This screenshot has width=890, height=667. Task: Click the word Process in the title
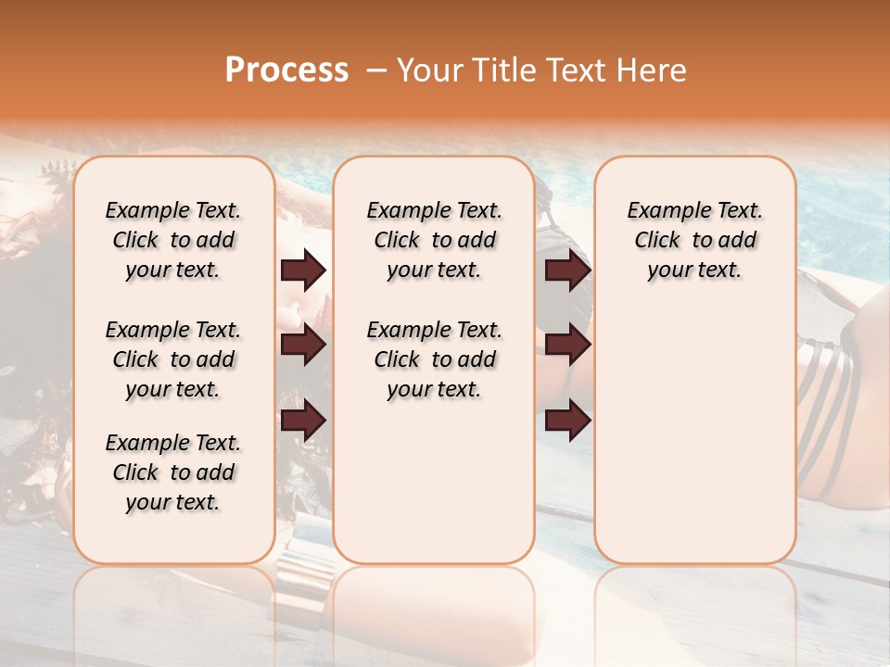click(286, 70)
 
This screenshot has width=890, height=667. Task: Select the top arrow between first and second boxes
click(304, 271)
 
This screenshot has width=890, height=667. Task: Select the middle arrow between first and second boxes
click(304, 346)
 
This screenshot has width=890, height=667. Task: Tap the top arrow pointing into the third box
click(568, 271)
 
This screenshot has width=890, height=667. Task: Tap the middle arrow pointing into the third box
click(568, 346)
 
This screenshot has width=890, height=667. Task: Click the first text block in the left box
click(173, 240)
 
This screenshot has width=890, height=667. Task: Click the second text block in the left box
click(173, 359)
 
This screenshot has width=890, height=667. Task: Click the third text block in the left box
click(173, 472)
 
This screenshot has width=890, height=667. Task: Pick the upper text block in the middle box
click(434, 240)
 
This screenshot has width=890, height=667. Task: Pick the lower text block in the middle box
click(434, 359)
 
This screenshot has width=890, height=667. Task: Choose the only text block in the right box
click(694, 240)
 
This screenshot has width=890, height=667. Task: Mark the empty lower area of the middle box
click(434, 482)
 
